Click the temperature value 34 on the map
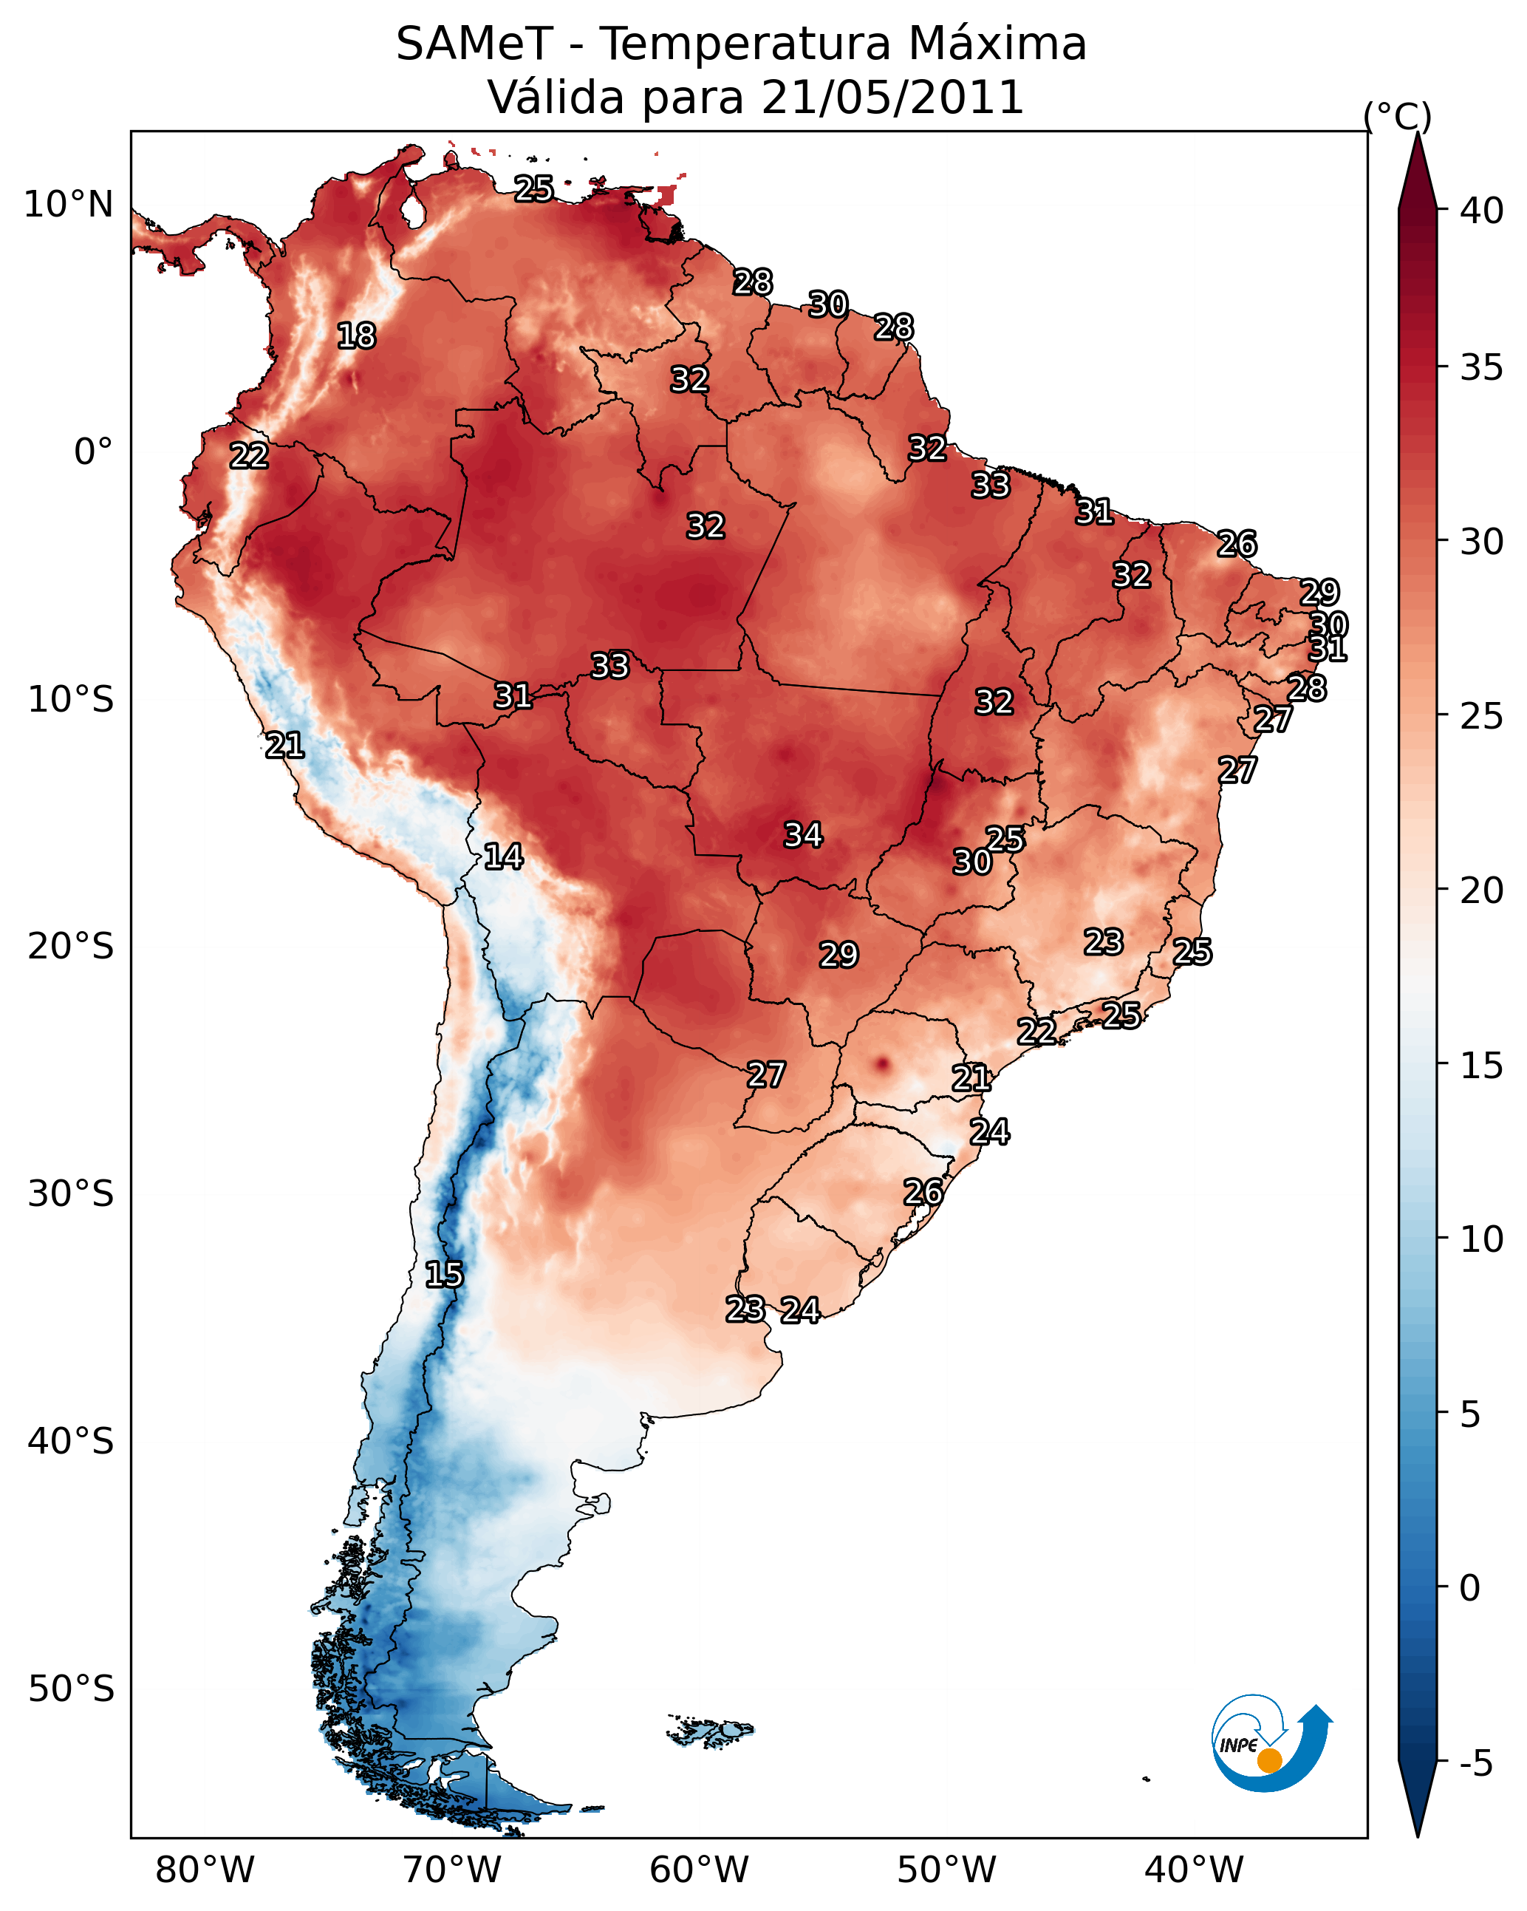pyautogui.click(x=803, y=835)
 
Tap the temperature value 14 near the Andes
pyautogui.click(x=503, y=856)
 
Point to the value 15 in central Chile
pyautogui.click(x=443, y=1275)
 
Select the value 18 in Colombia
pyautogui.click(x=356, y=336)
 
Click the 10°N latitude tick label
pyautogui.click(x=68, y=205)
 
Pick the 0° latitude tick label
pyautogui.click(x=93, y=452)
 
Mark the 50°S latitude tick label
pyautogui.click(x=71, y=1689)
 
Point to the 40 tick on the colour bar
pyautogui.click(x=1482, y=211)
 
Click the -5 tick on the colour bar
pyautogui.click(x=1475, y=1764)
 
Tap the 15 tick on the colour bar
pyautogui.click(x=1482, y=1066)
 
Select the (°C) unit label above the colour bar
pyautogui.click(x=1398, y=116)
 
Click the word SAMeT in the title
pyautogui.click(x=474, y=44)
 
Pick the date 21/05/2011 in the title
pyautogui.click(x=892, y=98)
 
